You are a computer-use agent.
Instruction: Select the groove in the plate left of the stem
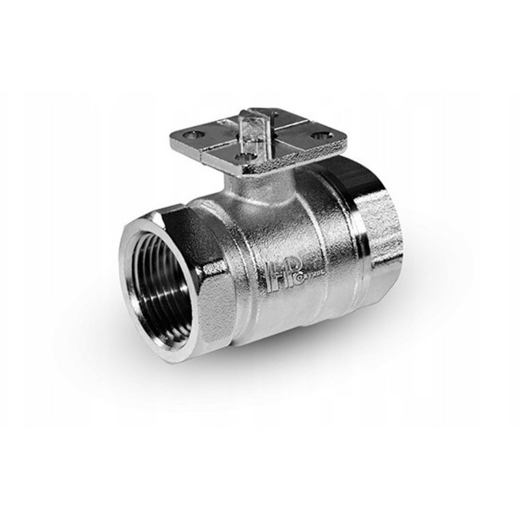tap(217, 144)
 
